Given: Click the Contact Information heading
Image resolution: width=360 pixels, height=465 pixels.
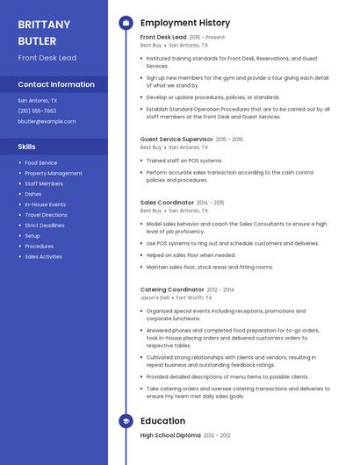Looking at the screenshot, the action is click(56, 84).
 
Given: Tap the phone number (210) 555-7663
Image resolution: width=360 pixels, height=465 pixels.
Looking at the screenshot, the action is click(37, 111).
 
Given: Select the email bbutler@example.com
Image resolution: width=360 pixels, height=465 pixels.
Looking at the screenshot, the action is click(47, 121).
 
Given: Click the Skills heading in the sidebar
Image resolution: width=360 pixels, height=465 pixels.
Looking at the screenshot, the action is click(27, 147).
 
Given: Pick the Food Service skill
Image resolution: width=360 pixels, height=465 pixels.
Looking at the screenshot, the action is click(41, 162).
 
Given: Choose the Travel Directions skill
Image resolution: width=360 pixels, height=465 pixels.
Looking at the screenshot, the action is click(46, 215).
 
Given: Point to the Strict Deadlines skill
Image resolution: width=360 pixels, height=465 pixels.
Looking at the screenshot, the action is click(45, 225).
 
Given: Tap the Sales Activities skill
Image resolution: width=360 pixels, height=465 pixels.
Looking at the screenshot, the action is click(43, 257).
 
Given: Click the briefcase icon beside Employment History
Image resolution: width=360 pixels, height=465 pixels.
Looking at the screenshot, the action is click(126, 23).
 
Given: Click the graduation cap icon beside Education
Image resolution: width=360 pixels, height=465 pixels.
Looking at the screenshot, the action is click(126, 421).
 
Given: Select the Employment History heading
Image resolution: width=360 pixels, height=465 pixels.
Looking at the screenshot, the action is click(185, 23).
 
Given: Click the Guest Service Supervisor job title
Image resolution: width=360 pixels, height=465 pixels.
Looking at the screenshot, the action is click(176, 139).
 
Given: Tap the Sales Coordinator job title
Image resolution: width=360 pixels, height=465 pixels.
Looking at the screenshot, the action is click(167, 202).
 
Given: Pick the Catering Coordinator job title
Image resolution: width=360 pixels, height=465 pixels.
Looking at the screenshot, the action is click(172, 290).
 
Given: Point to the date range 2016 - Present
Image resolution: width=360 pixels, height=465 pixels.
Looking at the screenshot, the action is click(207, 38).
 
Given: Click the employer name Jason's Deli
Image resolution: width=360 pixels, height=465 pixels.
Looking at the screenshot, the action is click(155, 298).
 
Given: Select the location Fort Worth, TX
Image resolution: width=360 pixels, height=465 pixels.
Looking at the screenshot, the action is click(194, 298).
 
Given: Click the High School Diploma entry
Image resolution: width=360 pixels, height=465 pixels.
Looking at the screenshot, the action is click(171, 435).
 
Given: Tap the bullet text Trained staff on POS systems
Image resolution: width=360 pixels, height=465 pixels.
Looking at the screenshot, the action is click(184, 161).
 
